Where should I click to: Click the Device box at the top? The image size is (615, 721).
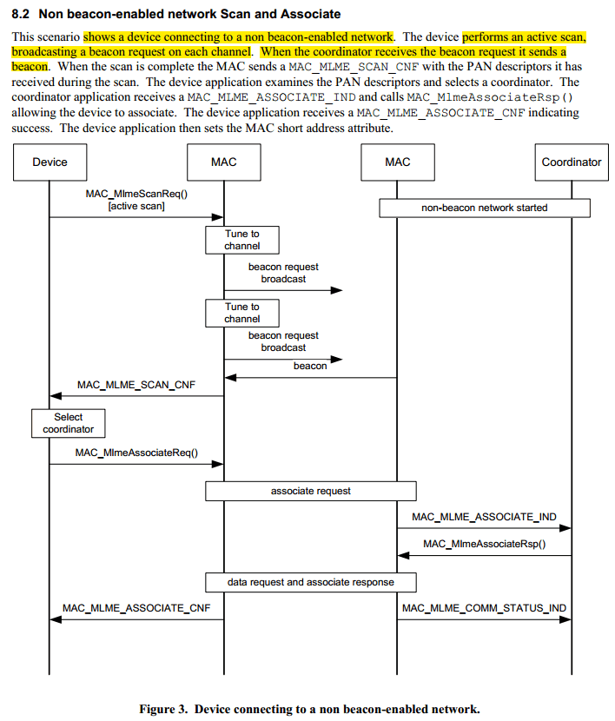coord(50,162)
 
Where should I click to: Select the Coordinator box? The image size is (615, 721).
coord(571,162)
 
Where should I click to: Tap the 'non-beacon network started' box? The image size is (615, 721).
coord(484,208)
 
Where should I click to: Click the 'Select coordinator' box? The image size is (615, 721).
coord(69,423)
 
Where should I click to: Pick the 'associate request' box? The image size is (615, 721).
coord(310,491)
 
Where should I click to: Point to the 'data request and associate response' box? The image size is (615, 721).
coord(310,581)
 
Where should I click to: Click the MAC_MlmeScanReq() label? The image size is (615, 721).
coord(136,194)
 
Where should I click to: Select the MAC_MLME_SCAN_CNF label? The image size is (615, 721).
coord(136,385)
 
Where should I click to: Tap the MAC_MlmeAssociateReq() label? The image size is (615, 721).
coord(136,453)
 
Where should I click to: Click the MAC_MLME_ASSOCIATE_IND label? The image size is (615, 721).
coord(484,517)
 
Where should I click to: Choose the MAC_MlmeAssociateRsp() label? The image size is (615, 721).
coord(484,545)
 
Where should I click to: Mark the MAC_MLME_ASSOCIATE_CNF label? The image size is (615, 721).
coord(136,608)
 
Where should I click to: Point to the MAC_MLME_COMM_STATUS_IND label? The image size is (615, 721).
coord(484,608)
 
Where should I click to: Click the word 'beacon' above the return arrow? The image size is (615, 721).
coord(310,367)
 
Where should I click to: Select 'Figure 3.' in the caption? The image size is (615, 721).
coord(164,709)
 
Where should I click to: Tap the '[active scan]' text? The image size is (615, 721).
coord(136,206)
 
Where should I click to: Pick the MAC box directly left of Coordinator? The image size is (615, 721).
coord(397,162)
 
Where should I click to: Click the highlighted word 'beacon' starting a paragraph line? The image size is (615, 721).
coord(30,65)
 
